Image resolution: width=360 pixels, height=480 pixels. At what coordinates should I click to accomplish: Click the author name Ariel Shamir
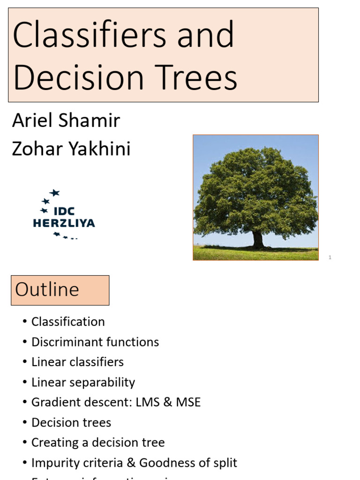(x=66, y=121)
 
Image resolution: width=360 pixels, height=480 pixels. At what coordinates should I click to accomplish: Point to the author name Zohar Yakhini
(x=71, y=149)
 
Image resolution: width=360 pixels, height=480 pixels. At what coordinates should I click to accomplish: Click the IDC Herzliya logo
(x=64, y=215)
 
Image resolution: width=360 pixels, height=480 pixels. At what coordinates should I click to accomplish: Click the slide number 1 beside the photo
(x=330, y=257)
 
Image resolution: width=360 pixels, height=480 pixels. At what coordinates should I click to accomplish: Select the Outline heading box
(x=60, y=290)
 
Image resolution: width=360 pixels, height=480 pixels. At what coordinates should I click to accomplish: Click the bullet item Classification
(x=68, y=322)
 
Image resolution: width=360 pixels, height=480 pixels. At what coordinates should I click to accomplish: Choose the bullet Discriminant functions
(x=95, y=342)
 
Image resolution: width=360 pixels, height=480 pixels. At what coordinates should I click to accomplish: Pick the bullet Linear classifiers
(x=77, y=362)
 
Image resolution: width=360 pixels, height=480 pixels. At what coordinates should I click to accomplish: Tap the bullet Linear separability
(x=83, y=382)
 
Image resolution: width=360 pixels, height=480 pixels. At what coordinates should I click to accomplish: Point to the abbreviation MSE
(x=188, y=403)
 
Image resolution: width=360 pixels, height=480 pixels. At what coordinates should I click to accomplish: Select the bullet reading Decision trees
(x=71, y=423)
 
